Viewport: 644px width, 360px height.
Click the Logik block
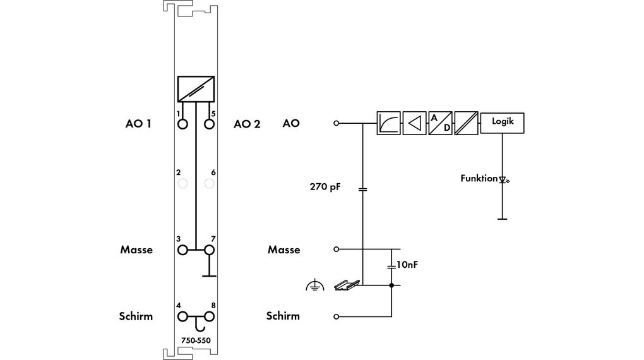[502, 123]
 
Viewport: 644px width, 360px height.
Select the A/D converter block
[440, 123]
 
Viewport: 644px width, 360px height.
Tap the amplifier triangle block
[414, 123]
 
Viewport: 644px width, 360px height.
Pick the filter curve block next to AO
[388, 123]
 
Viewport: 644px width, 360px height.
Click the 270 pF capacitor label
[325, 187]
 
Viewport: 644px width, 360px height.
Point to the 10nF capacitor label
[407, 265]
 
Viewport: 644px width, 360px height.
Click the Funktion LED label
[479, 178]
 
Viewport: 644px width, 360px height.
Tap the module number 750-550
[196, 340]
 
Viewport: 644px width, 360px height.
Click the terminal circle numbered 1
[182, 124]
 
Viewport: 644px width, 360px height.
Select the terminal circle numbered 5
[209, 124]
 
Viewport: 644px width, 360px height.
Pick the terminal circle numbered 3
[182, 249]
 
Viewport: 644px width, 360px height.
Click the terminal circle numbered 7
[209, 249]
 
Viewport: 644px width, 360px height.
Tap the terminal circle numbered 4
[182, 316]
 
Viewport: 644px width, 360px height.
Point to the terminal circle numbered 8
[209, 316]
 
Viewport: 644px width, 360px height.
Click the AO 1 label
[138, 124]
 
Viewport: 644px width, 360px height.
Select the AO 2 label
[247, 124]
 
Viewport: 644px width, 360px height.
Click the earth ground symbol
[315, 285]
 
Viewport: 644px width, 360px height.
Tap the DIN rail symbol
[347, 285]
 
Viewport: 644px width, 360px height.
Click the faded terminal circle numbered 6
[209, 183]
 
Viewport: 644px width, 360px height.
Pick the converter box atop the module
[196, 89]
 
